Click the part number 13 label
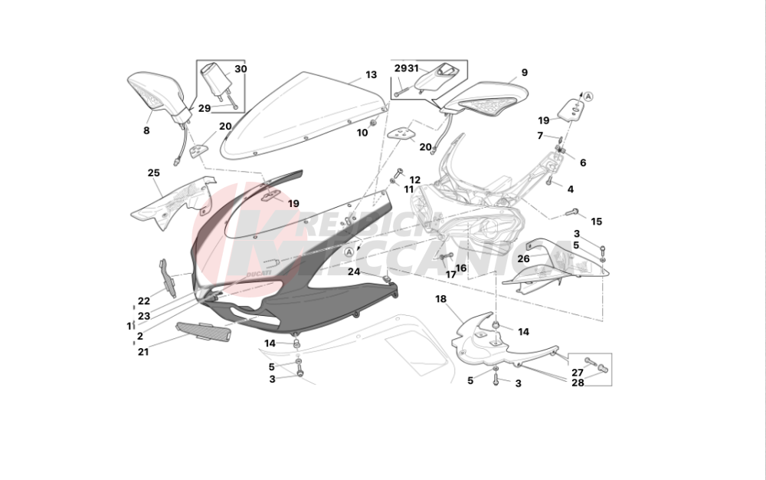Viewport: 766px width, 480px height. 371,75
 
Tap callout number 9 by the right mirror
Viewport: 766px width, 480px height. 525,73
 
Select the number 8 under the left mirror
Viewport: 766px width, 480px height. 146,130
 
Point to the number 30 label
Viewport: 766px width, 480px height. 241,69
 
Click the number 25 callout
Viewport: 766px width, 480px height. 153,173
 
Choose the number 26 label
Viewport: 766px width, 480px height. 523,258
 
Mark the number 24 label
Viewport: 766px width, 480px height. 353,271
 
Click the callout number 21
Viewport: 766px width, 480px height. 143,352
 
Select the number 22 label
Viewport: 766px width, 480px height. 144,301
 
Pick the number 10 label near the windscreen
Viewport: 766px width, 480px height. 362,133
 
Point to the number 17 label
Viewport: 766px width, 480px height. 450,274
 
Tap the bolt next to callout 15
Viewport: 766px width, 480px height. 572,212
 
